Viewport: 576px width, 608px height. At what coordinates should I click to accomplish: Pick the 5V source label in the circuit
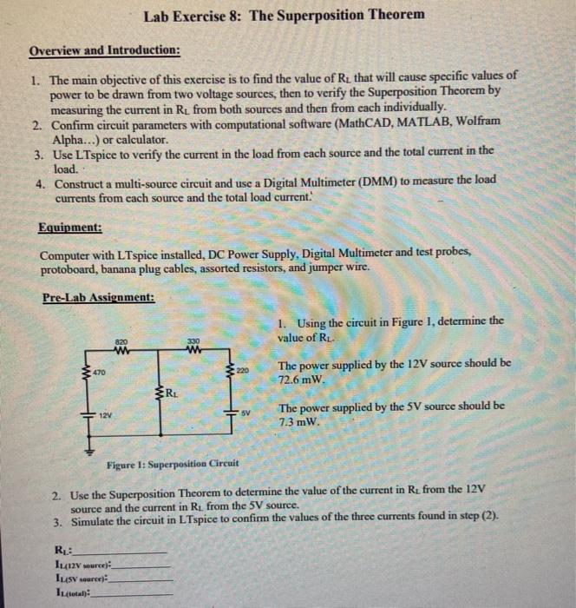click(x=246, y=413)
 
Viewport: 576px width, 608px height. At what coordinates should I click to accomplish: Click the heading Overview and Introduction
click(x=105, y=50)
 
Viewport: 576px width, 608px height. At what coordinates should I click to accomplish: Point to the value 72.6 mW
click(x=301, y=380)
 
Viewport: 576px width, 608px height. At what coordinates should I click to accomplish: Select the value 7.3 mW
click(x=298, y=422)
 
